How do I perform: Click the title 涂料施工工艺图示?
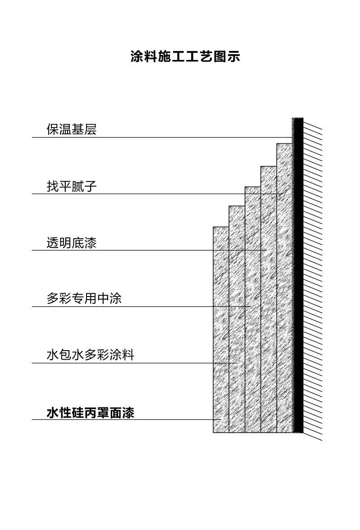click(x=185, y=56)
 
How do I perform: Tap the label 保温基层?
click(x=72, y=129)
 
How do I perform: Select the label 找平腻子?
click(x=72, y=186)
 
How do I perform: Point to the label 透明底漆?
click(x=72, y=242)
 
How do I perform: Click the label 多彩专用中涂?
click(x=84, y=298)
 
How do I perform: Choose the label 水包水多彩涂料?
click(x=90, y=355)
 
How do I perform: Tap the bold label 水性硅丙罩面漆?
click(x=90, y=413)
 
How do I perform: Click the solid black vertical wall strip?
click(x=298, y=275)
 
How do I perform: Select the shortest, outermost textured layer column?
click(x=221, y=329)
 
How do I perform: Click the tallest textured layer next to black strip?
click(x=285, y=288)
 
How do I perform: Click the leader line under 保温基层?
click(x=162, y=137)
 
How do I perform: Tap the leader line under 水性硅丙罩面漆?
click(x=127, y=420)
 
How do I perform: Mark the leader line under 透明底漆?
click(x=150, y=251)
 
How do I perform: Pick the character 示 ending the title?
click(x=234, y=56)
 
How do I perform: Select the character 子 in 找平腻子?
click(x=91, y=186)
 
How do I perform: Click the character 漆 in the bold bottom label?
click(x=128, y=413)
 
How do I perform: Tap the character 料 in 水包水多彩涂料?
click(x=128, y=355)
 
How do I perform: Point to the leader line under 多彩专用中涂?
click(x=142, y=307)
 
